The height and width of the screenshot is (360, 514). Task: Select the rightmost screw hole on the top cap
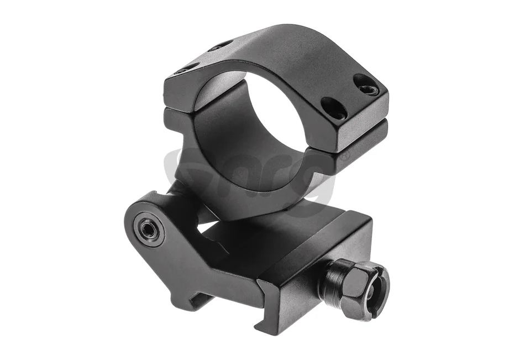coord(367,85)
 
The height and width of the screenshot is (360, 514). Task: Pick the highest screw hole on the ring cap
coord(220,45)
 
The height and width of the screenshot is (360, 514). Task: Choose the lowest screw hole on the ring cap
coord(334,108)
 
